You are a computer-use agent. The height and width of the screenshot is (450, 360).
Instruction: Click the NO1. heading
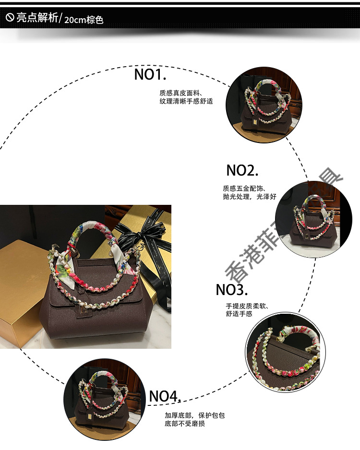click(x=150, y=74)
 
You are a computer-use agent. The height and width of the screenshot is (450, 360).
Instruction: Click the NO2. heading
click(x=242, y=170)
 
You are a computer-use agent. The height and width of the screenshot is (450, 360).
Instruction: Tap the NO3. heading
click(x=232, y=290)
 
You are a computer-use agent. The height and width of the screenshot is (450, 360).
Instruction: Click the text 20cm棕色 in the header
click(x=83, y=20)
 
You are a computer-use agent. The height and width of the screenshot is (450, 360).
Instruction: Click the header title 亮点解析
click(x=37, y=19)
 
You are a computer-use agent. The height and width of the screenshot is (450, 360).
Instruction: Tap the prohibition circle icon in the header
click(x=10, y=19)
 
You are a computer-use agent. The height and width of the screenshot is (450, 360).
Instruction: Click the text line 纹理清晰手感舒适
click(x=186, y=101)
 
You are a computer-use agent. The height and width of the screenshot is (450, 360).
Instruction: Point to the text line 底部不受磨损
click(x=185, y=424)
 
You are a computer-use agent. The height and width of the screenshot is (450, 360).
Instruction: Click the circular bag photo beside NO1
click(x=264, y=105)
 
